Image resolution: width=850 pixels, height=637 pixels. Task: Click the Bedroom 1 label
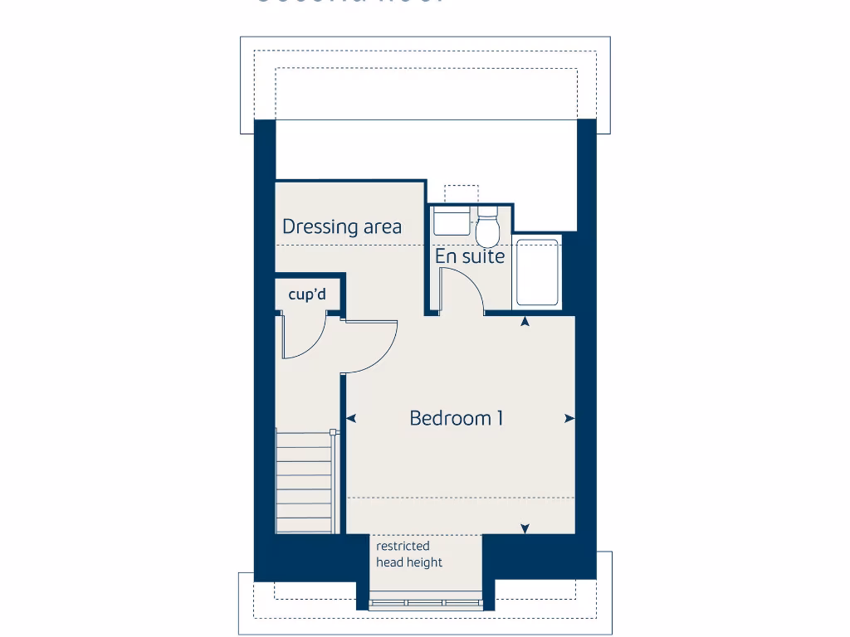click(457, 418)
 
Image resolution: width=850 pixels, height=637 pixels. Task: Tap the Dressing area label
click(342, 226)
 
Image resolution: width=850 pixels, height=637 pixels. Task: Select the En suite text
click(470, 256)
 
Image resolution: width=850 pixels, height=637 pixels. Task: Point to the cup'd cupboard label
click(307, 294)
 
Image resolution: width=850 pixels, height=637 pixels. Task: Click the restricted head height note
click(409, 554)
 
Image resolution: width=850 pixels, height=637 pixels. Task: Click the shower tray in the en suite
click(537, 273)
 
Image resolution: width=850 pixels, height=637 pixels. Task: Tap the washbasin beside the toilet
click(452, 222)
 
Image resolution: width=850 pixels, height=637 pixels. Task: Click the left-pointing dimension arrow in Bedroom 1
click(351, 419)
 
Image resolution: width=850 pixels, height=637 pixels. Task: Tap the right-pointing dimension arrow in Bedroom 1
click(569, 419)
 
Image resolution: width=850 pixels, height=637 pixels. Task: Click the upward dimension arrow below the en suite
click(525, 321)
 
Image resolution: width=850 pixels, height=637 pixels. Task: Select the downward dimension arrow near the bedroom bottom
click(525, 528)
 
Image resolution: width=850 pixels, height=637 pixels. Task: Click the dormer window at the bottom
click(426, 604)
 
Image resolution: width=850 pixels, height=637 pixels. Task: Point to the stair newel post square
click(333, 432)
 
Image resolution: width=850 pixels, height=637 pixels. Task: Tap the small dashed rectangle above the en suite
click(462, 193)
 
